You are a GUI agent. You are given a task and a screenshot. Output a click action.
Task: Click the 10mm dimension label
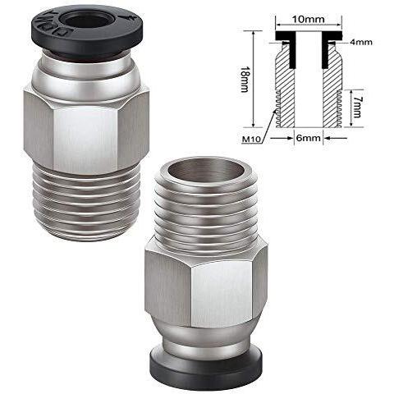click(308, 20)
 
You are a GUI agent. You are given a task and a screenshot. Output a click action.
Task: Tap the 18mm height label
click(245, 79)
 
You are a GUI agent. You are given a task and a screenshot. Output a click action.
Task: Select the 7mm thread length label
click(356, 108)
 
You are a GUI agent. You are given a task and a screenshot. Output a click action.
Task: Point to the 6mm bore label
click(309, 138)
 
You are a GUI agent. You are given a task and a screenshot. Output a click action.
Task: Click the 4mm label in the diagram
click(361, 42)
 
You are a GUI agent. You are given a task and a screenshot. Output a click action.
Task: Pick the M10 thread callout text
click(251, 140)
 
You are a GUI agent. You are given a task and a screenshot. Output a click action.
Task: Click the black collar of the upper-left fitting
click(87, 32)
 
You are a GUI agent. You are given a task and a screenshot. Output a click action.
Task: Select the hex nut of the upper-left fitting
click(86, 129)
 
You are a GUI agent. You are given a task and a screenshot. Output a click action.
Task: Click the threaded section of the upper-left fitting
click(87, 203)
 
